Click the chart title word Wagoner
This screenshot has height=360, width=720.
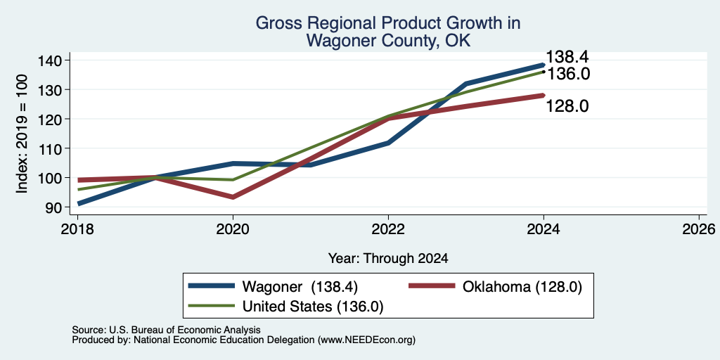click(334, 41)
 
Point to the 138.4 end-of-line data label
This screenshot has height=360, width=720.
click(567, 58)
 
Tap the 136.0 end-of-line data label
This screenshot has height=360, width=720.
click(568, 74)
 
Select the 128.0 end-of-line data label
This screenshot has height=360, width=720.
click(567, 106)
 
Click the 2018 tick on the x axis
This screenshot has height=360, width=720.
click(77, 229)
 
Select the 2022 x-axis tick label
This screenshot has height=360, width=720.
click(388, 229)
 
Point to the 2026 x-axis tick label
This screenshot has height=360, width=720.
click(699, 229)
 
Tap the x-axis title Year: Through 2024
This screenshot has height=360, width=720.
click(388, 259)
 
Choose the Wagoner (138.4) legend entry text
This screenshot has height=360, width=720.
click(300, 287)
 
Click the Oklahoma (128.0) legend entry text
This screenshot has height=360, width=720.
click(522, 287)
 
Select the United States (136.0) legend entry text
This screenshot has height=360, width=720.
click(313, 307)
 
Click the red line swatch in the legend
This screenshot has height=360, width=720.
click(431, 287)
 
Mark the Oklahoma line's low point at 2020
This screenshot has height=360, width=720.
click(233, 197)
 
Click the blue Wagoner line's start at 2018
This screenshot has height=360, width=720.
click(79, 203)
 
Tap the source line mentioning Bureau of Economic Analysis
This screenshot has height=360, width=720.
click(166, 330)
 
